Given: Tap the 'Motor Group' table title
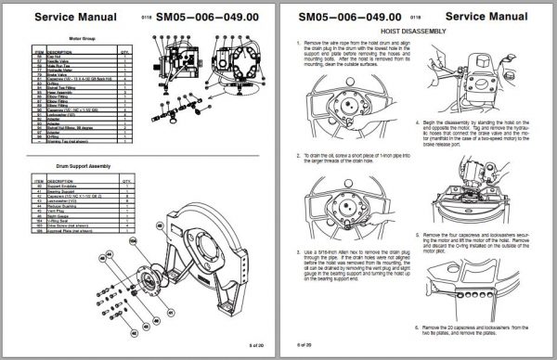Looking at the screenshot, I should click(x=69, y=40).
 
